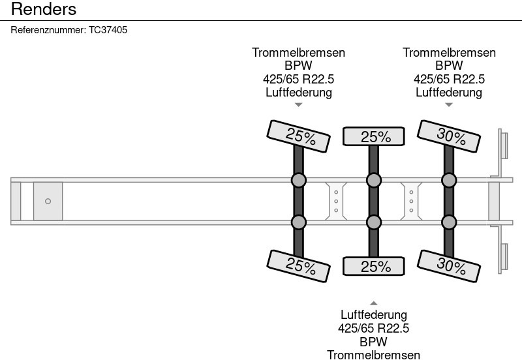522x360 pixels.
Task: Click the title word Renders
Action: [44, 9]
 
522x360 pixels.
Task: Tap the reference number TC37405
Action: [108, 30]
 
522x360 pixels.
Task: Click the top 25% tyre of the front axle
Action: [299, 136]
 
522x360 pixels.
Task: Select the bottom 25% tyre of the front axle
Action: [299, 266]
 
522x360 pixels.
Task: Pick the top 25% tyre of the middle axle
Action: [373, 136]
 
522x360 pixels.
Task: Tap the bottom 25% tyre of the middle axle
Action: [373, 266]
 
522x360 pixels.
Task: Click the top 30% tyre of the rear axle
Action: [449, 136]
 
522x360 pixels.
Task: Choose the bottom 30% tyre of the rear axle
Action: [449, 266]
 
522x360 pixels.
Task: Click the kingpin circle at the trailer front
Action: [48, 202]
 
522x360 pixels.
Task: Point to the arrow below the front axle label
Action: [299, 105]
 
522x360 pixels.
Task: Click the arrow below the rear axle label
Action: [449, 105]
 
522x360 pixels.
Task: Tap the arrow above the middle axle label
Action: [373, 303]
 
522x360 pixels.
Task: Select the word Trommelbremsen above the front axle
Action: [298, 53]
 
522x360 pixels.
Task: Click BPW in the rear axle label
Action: [449, 66]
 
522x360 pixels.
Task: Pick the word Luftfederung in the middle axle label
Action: [373, 315]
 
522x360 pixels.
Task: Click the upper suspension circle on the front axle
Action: [299, 181]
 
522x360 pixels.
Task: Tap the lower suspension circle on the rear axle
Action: [449, 222]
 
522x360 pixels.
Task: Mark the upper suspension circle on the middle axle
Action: [373, 181]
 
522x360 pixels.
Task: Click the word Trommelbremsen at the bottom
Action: [373, 355]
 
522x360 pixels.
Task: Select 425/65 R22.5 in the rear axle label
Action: [449, 79]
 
